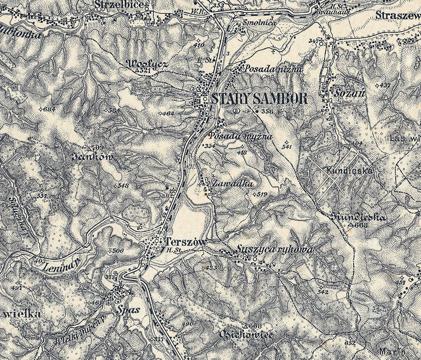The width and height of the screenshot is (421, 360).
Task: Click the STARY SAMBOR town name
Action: pyautogui.click(x=259, y=99)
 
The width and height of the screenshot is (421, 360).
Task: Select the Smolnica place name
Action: pyautogui.click(x=260, y=23)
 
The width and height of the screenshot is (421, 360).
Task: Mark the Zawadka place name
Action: pyautogui.click(x=233, y=183)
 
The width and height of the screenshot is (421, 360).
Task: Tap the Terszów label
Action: pyautogui.click(x=186, y=242)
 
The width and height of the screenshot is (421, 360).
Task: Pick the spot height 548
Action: pyautogui.click(x=123, y=186)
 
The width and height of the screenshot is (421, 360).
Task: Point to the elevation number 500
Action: pyautogui.click(x=118, y=251)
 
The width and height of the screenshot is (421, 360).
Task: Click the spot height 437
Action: pyautogui.click(x=385, y=85)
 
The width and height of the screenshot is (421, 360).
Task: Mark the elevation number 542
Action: pyautogui.click(x=323, y=292)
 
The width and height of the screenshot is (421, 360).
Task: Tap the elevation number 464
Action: pyautogui.click(x=169, y=114)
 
